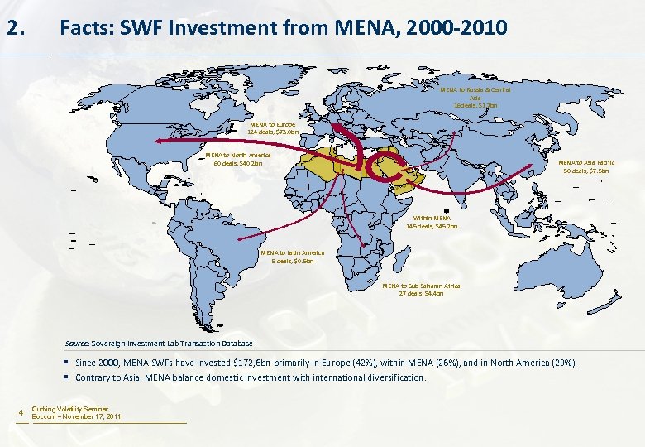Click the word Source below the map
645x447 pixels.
(x=78, y=344)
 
